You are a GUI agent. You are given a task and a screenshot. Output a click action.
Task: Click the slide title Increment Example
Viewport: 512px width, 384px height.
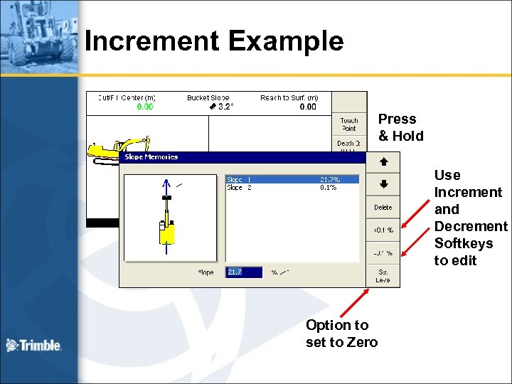214,41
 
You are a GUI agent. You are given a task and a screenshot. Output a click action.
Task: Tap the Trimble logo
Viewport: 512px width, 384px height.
34,346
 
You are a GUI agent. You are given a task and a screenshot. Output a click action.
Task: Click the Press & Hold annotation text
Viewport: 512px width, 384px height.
400,127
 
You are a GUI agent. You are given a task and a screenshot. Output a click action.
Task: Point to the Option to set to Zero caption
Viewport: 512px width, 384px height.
341,334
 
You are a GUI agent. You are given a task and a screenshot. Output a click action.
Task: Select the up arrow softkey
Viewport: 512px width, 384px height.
383,162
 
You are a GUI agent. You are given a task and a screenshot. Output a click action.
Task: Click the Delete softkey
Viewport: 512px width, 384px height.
383,208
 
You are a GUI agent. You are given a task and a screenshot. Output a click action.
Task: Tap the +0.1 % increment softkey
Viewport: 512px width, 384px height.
383,230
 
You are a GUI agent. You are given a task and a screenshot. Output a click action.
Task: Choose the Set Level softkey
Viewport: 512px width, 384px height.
383,275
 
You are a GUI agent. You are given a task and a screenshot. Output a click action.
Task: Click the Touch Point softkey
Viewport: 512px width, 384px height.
349,124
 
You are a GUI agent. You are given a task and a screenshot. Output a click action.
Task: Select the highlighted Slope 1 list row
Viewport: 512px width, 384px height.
292,180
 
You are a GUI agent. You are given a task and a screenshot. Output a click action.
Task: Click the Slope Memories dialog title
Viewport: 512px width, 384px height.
151,156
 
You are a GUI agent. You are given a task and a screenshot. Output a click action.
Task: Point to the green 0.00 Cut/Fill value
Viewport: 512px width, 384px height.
145,107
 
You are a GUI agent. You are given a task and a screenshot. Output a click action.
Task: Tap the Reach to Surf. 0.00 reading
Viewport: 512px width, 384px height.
308,107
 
